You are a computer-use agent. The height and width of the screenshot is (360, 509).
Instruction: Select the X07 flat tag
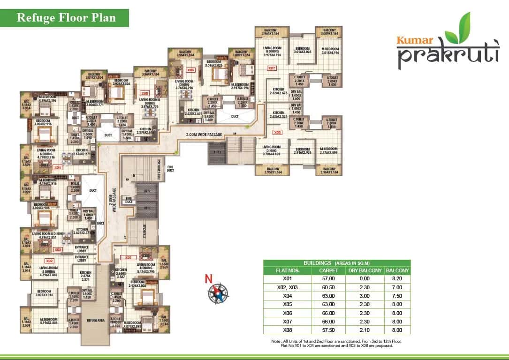[x=271, y=68]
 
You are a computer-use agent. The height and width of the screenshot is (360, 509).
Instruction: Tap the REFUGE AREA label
[x=95, y=320]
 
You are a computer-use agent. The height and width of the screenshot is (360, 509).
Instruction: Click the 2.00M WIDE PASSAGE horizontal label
[x=203, y=135]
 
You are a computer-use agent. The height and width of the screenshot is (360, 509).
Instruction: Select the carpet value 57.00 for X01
[x=328, y=278]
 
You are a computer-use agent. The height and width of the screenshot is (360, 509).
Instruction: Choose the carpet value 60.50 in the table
[x=328, y=287]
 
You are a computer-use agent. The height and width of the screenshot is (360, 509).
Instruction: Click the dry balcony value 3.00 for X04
[x=365, y=295]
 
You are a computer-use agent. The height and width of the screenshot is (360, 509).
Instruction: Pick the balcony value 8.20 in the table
[x=397, y=278]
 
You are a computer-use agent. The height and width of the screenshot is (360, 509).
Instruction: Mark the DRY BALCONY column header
[x=365, y=270]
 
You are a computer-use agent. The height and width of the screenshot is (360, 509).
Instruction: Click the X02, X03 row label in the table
[x=287, y=287]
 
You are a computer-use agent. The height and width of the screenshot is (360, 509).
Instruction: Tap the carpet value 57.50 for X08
[x=328, y=330]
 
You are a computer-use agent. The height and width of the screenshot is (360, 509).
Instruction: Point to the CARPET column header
[x=328, y=270]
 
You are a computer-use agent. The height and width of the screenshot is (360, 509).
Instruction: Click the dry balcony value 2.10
[x=365, y=330]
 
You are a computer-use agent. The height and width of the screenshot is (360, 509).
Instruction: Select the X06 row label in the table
[x=287, y=313]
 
